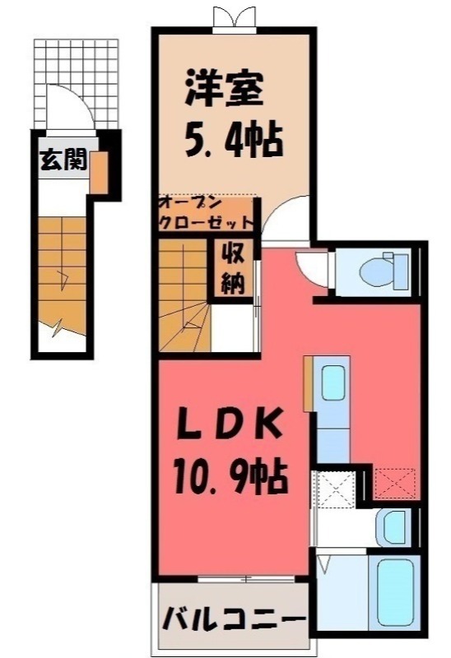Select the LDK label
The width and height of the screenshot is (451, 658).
pyautogui.click(x=231, y=428)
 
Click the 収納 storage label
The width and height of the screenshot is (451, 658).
pyautogui.click(x=231, y=269)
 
